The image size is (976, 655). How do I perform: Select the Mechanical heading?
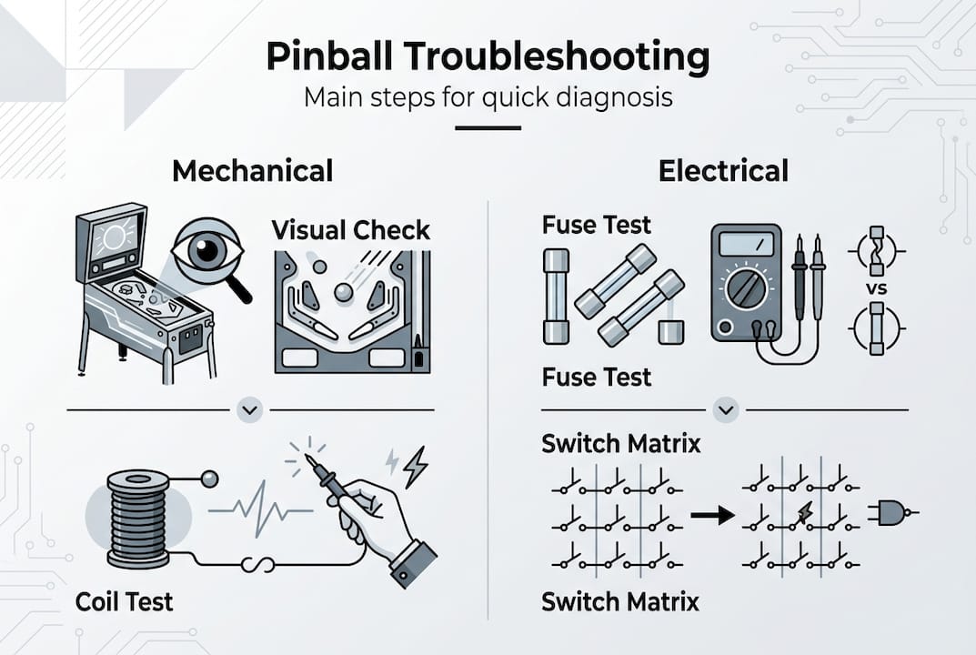tap(252, 170)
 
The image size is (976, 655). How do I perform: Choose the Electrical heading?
tap(723, 170)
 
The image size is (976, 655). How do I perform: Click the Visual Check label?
tap(351, 229)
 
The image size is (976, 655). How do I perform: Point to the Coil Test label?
tap(124, 601)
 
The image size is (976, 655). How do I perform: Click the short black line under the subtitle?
tap(488, 128)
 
